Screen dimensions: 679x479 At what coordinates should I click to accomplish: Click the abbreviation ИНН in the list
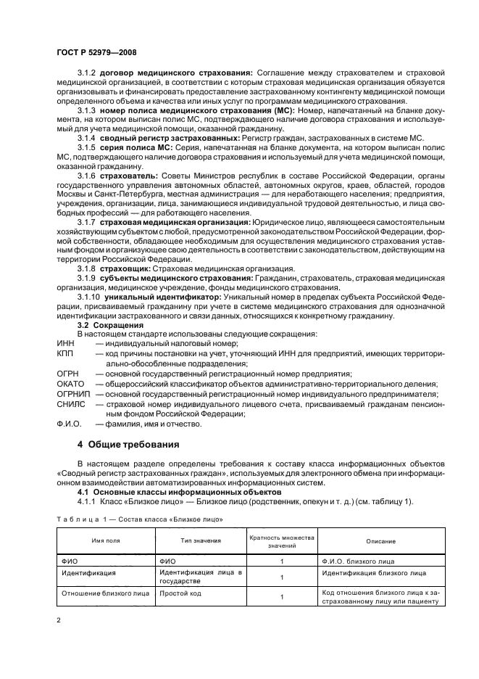pos(66,343)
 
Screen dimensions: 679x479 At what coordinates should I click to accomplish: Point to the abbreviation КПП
pos(66,353)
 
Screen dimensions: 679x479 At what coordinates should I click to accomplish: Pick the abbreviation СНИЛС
pos(72,404)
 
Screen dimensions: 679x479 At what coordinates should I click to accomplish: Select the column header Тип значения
pos(200,541)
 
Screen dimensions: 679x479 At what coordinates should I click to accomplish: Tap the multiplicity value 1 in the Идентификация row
pos(282,577)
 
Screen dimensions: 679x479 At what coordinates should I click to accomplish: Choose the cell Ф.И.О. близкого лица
pos(359,561)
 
